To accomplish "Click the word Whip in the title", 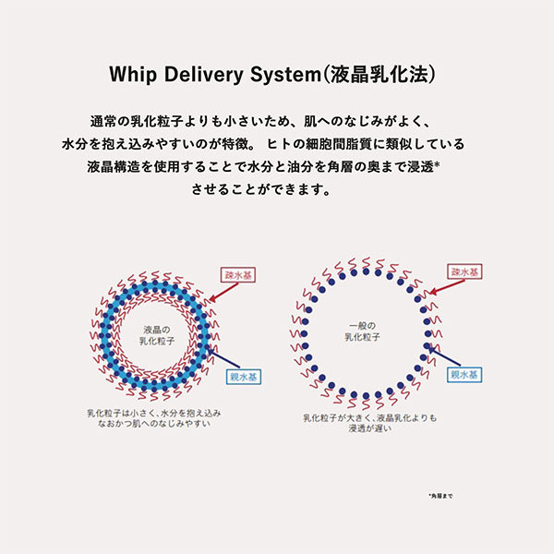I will point(132,74).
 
